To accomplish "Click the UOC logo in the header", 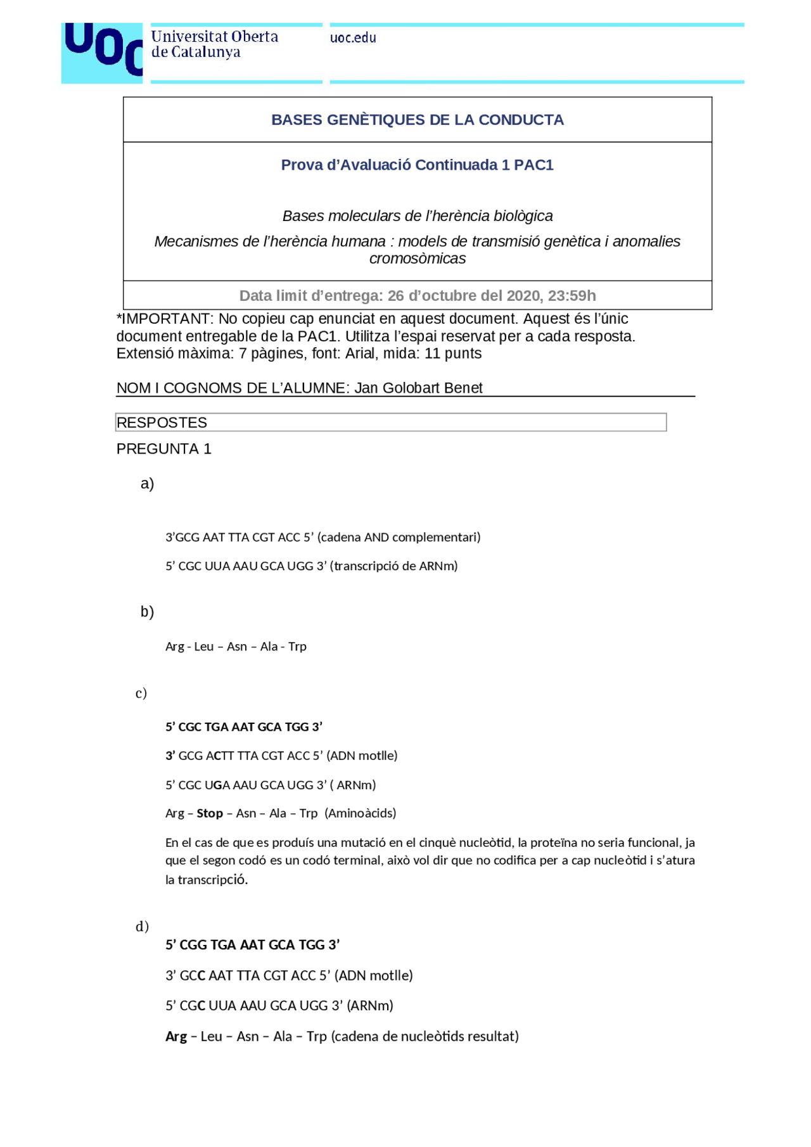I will coord(101,53).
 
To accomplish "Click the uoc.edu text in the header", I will coord(353,38).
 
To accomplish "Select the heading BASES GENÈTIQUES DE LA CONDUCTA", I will coord(417,120).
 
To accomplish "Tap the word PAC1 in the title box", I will coord(533,165).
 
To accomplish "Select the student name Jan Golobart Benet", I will coord(418,388).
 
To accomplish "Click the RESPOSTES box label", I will coord(162,422).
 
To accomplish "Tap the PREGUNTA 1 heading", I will coord(163,449).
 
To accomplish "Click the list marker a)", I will coord(147,484).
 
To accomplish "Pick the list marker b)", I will coord(147,612).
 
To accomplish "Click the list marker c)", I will coord(141,694).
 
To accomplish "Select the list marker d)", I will coord(142,927).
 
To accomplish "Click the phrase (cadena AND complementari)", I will coord(399,537).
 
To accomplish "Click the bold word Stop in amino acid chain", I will coord(210,813).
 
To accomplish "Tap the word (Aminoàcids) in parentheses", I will coord(360,813).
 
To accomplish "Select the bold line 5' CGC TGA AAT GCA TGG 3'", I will coord(244,727).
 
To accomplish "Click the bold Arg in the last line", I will coord(176,1036).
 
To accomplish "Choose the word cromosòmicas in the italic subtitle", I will coord(417,258).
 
